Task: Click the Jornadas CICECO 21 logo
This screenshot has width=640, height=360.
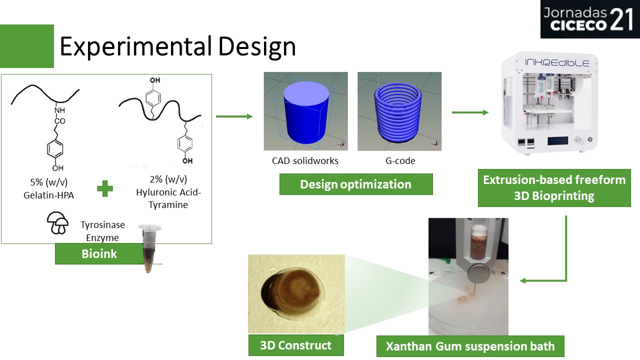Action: click(x=590, y=19)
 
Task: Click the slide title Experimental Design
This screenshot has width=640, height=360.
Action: click(x=177, y=46)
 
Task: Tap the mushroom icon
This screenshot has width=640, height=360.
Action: click(x=57, y=223)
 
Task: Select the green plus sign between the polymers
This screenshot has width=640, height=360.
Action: click(x=105, y=188)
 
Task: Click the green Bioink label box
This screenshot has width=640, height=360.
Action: click(x=99, y=253)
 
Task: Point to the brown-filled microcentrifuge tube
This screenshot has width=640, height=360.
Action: click(x=149, y=248)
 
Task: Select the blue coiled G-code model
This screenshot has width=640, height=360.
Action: click(x=398, y=112)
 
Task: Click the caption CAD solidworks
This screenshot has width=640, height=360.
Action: click(x=305, y=161)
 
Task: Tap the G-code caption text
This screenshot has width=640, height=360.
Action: click(x=400, y=161)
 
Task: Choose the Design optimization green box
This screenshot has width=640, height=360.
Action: click(x=356, y=184)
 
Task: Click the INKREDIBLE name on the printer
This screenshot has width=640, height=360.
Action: click(x=557, y=62)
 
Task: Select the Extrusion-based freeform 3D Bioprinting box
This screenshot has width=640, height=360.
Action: click(x=554, y=188)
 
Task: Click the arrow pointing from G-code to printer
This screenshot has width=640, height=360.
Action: click(x=470, y=112)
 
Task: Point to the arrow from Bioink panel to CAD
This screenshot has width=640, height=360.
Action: click(x=234, y=116)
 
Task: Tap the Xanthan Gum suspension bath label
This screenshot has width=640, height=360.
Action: click(x=470, y=346)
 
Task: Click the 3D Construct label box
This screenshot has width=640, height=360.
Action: click(x=296, y=345)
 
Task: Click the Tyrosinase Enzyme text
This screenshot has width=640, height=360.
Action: click(x=102, y=231)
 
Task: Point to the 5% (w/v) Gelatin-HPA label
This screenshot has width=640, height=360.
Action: click(x=49, y=188)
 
